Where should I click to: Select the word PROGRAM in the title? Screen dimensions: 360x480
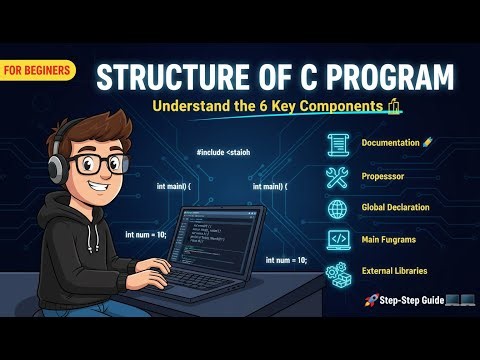click(x=392, y=77)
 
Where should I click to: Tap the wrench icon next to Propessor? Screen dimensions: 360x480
click(x=337, y=178)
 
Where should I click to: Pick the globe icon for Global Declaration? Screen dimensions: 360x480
click(x=337, y=209)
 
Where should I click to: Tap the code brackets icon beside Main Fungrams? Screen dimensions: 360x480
click(x=337, y=240)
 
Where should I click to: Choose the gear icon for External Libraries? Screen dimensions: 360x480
click(x=337, y=271)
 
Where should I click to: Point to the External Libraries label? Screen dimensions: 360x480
click(x=395, y=271)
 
